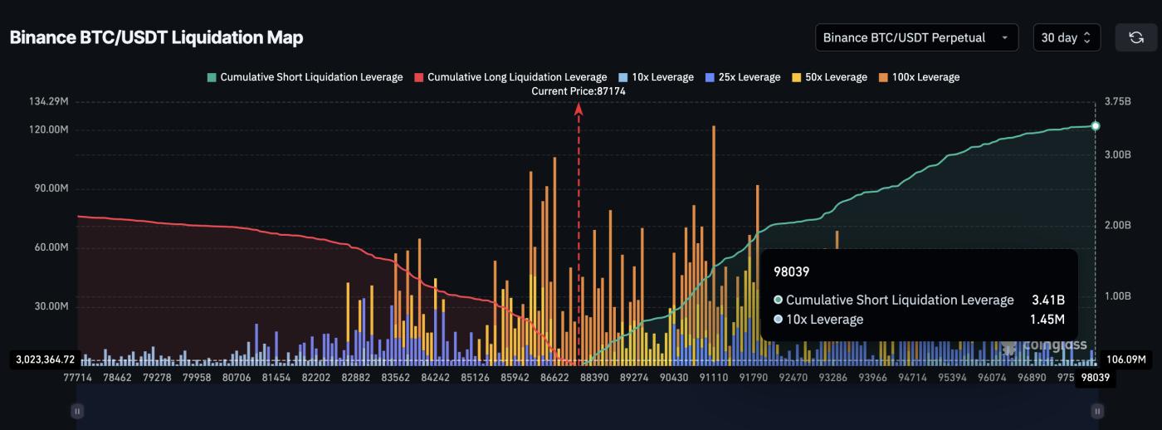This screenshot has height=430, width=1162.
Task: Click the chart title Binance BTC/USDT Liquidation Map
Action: tap(156, 37)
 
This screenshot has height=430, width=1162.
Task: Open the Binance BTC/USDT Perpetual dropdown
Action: tap(916, 37)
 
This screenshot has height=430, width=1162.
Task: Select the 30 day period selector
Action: tap(1066, 37)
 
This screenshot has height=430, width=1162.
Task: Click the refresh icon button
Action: tap(1135, 37)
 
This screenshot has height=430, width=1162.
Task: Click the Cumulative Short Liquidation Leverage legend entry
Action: tap(305, 77)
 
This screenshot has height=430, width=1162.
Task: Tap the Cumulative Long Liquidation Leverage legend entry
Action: tap(510, 77)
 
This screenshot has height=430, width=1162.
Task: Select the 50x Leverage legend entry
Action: tap(829, 77)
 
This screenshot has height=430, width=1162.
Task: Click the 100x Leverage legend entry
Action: tap(919, 77)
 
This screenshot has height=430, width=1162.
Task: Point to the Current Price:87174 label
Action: tap(579, 91)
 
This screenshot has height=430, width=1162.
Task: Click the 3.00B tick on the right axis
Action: tap(1117, 154)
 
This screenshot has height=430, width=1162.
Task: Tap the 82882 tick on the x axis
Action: tap(356, 378)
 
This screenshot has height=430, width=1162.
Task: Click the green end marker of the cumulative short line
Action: tap(1096, 126)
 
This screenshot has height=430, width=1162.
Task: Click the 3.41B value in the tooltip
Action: tap(1047, 300)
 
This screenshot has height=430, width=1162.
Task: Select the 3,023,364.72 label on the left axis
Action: tap(45, 359)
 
